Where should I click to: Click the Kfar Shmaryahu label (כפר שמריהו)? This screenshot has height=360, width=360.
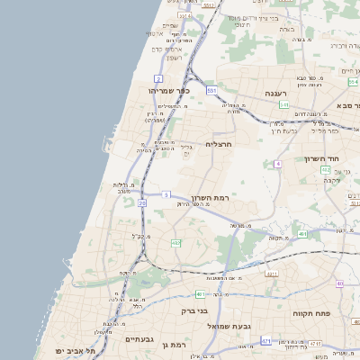(x=171, y=91)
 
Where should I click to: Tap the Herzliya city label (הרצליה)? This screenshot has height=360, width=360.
(x=219, y=144)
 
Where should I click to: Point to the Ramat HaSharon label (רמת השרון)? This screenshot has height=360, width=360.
(x=211, y=196)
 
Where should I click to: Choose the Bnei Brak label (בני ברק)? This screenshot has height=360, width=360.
(x=194, y=311)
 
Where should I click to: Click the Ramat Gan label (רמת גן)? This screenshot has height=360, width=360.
(x=168, y=345)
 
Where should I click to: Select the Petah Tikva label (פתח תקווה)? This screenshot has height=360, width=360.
(x=312, y=314)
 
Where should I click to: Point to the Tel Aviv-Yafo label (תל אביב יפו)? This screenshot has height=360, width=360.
(x=62, y=350)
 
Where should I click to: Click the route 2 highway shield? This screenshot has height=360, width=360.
(x=158, y=79)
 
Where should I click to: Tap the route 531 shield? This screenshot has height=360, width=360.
(x=211, y=91)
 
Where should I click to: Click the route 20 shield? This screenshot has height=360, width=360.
(x=142, y=203)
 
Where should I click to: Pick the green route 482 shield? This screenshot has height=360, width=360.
(x=176, y=243)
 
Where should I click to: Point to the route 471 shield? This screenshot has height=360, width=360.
(x=265, y=341)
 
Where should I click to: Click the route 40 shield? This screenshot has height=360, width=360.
(x=339, y=283)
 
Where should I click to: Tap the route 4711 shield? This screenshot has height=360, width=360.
(x=314, y=343)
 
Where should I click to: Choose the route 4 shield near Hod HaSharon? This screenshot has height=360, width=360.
(x=279, y=164)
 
